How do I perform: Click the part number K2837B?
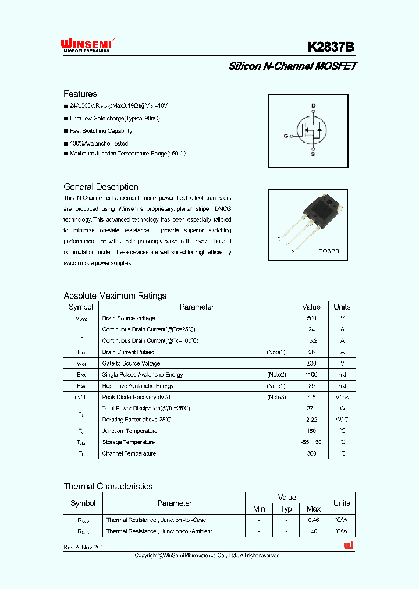click(x=331, y=48)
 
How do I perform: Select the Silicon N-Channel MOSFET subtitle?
click(x=292, y=66)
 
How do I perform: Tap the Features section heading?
click(x=80, y=94)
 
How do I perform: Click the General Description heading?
click(x=101, y=187)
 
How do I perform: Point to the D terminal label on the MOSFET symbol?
click(x=313, y=105)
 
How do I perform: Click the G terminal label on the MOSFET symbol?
click(x=286, y=136)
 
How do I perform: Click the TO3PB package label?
click(x=328, y=251)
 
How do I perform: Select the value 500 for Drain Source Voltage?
click(x=311, y=318)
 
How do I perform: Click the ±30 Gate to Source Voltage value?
click(x=311, y=363)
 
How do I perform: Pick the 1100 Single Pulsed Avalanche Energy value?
click(x=311, y=375)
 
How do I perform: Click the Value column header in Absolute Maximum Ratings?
click(x=311, y=307)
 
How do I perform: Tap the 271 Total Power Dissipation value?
click(x=311, y=409)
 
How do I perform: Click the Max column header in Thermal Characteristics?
click(x=314, y=509)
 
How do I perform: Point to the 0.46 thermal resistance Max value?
click(x=314, y=520)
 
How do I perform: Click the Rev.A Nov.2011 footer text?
click(x=85, y=548)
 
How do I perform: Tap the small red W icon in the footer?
click(x=349, y=546)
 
